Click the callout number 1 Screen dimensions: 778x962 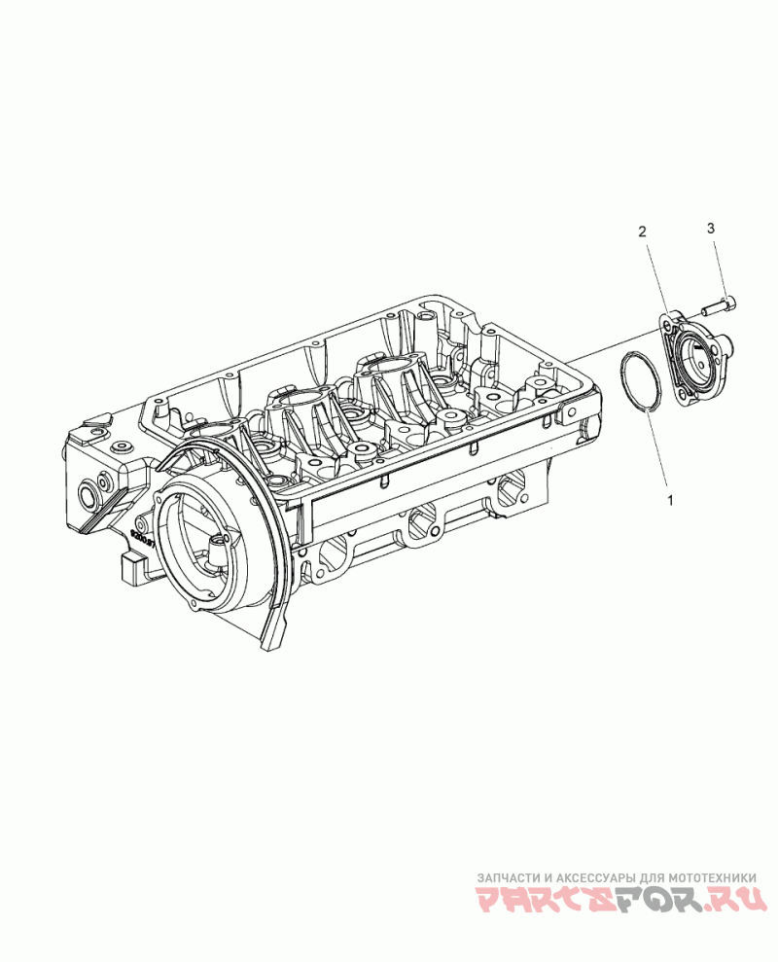coord(670,501)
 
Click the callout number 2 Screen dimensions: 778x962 coord(642,232)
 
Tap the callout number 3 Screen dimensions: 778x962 coord(711,229)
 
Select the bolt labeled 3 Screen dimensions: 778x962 coord(721,306)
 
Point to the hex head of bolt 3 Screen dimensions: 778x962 coord(730,303)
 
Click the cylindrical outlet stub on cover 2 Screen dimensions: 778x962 coord(723,341)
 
